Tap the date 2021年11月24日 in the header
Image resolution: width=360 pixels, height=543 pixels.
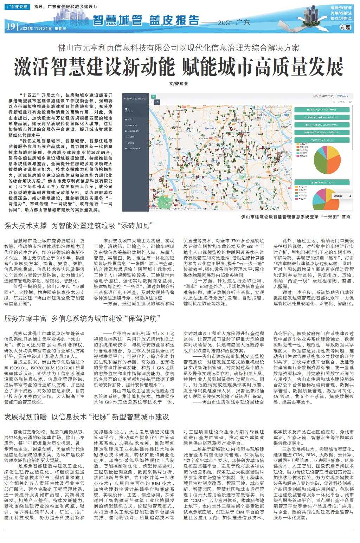click(36, 28)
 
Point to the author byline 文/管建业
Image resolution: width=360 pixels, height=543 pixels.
click(179, 84)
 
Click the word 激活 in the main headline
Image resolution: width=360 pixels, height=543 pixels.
click(32, 67)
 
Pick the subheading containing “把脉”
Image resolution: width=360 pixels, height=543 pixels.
click(86, 417)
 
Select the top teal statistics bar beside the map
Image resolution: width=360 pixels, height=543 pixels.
click(322, 110)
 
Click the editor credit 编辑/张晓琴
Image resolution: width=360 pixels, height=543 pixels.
click(341, 7)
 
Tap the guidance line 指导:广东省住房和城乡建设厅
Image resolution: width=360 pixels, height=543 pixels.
click(66, 7)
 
